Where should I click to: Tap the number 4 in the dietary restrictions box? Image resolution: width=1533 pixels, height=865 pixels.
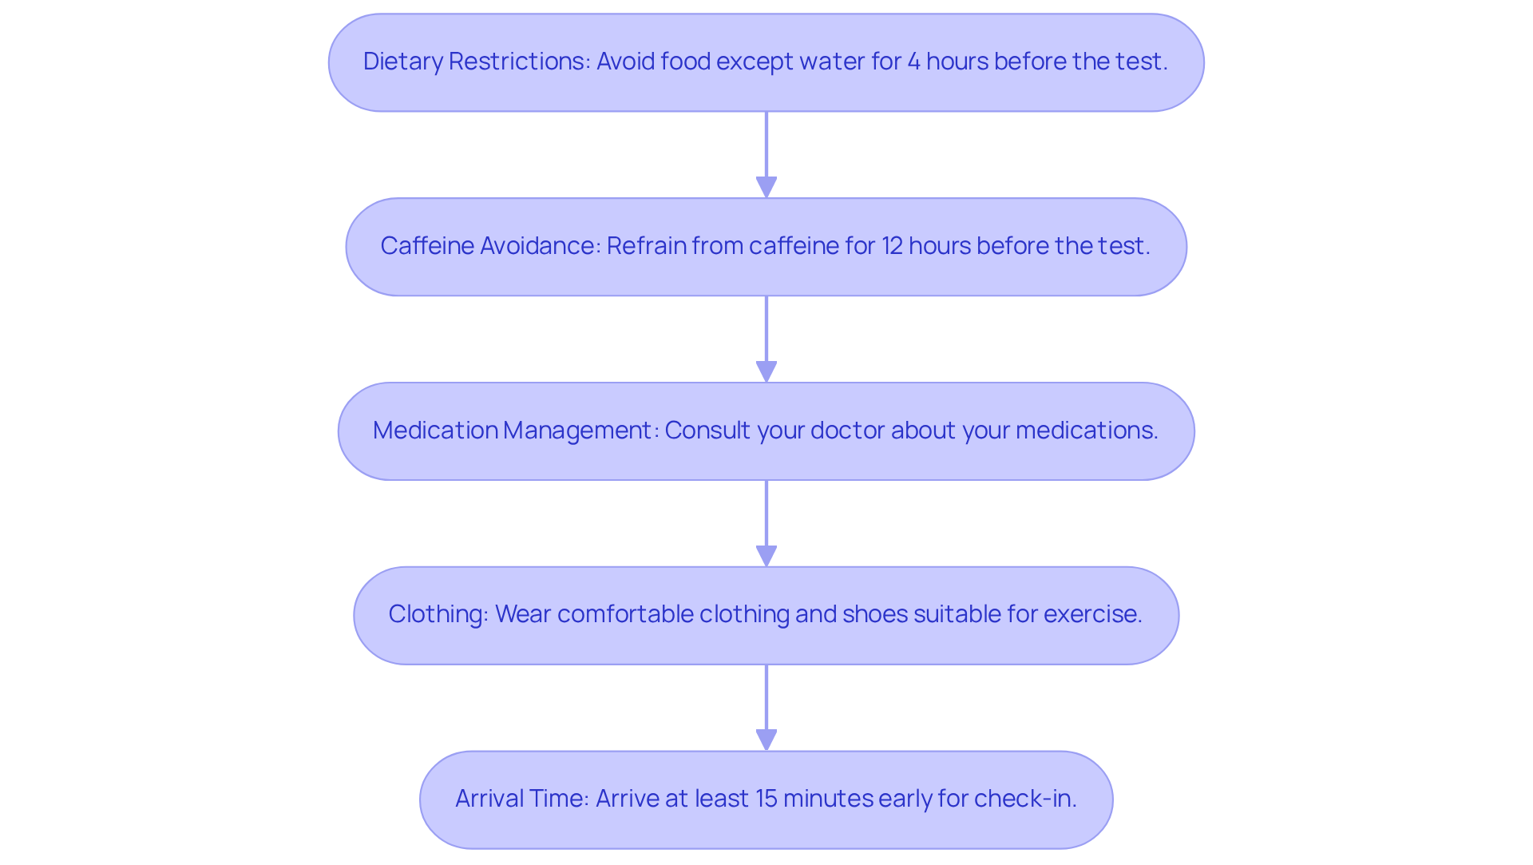click(913, 62)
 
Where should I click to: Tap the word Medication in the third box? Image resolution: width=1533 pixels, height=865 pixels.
click(435, 431)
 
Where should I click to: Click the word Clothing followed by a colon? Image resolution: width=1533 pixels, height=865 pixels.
click(438, 614)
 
